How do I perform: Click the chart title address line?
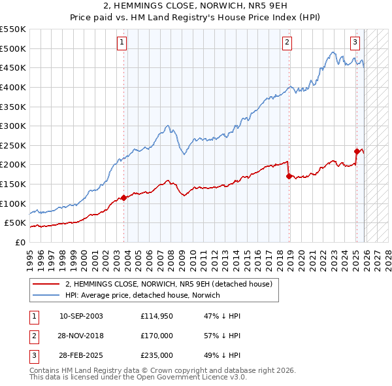(x=196, y=7)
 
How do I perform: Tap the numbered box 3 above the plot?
(x=355, y=43)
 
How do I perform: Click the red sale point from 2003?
(x=123, y=198)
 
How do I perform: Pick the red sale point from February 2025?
(x=357, y=151)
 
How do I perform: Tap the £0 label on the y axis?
(x=20, y=242)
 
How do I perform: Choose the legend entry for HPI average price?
(x=142, y=295)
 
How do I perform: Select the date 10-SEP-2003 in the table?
(x=81, y=316)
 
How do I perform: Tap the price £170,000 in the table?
(x=157, y=336)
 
